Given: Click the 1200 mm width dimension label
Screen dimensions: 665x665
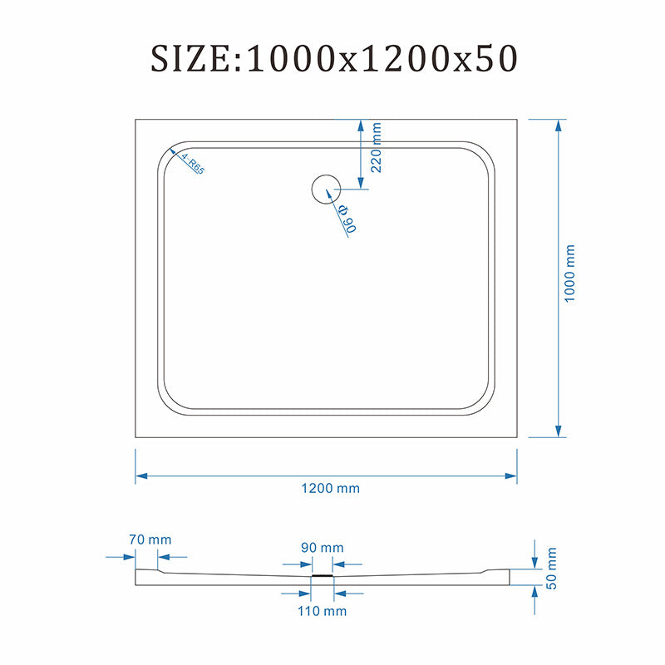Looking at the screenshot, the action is click(330, 488).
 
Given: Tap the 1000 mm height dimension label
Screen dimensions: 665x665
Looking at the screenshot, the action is click(569, 273).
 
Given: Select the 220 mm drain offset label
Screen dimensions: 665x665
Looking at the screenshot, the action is click(376, 148).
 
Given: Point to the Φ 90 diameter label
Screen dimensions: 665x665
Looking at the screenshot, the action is click(347, 219).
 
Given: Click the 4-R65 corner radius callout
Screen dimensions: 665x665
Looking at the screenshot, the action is click(193, 164).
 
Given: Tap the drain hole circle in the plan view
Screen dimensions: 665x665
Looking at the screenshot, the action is click(326, 175).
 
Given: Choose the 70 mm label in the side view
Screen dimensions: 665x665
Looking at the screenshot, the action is click(150, 539).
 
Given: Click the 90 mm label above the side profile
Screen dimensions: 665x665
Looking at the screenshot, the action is click(323, 548).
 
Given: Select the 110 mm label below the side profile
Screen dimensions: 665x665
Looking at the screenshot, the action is click(322, 611).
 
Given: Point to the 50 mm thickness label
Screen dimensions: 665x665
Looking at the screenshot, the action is click(551, 569).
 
